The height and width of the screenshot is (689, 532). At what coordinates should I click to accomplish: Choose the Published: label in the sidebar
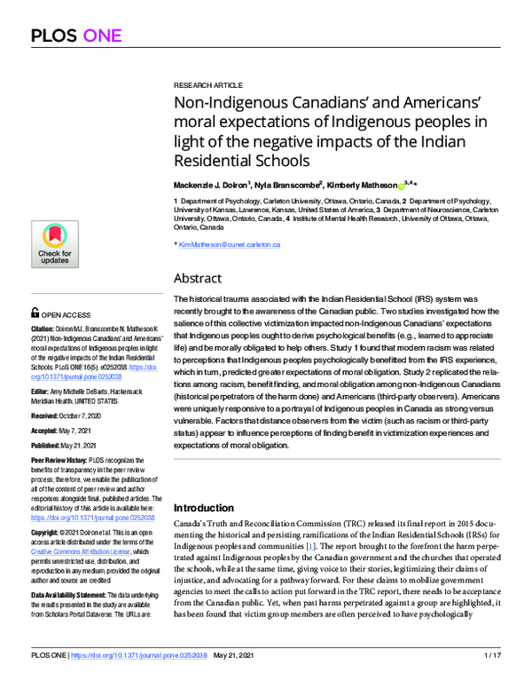pyautogui.click(x=50, y=448)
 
